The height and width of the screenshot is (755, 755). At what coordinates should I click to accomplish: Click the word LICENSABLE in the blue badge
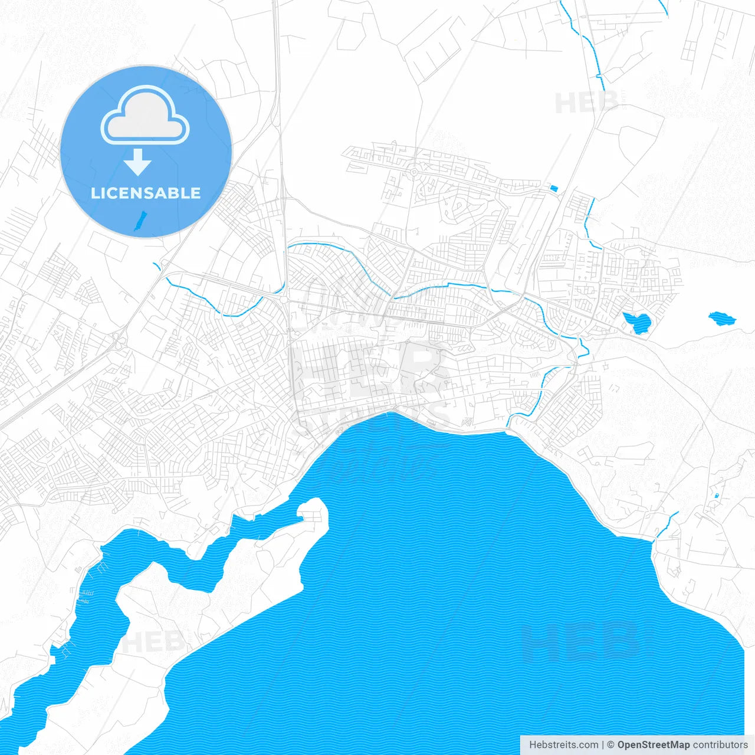[x=146, y=193]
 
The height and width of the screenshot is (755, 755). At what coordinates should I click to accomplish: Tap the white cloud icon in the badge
[x=145, y=116]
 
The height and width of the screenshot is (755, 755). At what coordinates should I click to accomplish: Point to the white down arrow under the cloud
[x=138, y=162]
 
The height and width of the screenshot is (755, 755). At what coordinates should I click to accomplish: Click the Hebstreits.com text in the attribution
[x=563, y=745]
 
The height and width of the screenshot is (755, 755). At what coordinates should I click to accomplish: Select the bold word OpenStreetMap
[x=653, y=745]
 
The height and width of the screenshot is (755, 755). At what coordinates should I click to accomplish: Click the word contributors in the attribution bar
[x=720, y=745]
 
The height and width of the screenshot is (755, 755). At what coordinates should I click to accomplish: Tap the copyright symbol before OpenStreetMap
[x=610, y=745]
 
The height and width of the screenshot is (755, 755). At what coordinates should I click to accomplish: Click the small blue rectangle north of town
[x=553, y=188]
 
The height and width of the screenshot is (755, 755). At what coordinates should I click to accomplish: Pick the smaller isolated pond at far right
[x=721, y=319]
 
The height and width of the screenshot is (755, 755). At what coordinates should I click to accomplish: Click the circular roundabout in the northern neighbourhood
[x=414, y=172]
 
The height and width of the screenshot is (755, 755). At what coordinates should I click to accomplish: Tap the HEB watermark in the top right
[x=586, y=103]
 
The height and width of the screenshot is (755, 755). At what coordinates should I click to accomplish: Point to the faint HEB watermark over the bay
[x=578, y=641]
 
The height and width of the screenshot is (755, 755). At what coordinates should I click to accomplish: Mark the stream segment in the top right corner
[x=663, y=7]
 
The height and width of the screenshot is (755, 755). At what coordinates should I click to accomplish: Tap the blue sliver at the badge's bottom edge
[x=140, y=222]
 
